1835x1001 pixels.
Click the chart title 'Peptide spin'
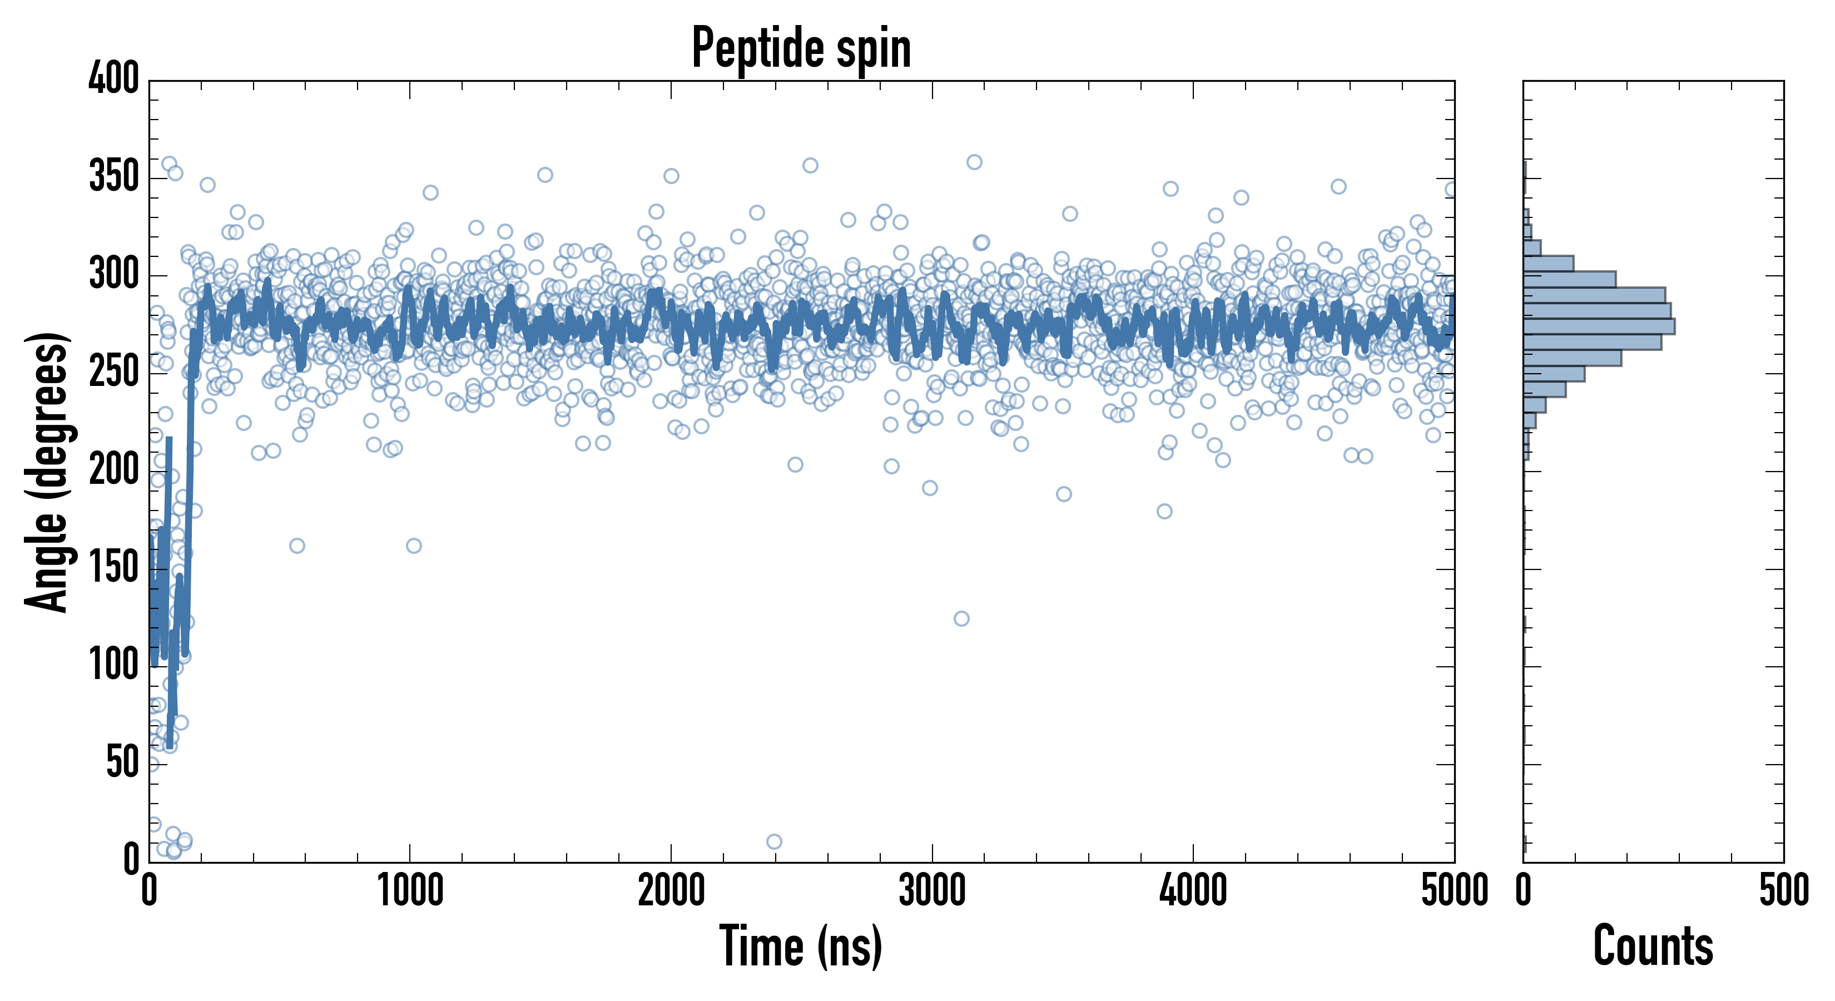801,48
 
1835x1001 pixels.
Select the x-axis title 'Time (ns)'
801,946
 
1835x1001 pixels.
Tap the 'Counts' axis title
1653,946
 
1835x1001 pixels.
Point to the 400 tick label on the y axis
114,78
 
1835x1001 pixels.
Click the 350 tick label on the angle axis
114,177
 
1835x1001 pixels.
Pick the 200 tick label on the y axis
114,470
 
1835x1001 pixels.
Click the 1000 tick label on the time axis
410,890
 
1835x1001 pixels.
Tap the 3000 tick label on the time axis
932,890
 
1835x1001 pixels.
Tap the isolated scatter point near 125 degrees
961,618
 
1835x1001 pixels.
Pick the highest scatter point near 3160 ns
974,162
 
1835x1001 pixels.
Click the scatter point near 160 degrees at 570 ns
297,546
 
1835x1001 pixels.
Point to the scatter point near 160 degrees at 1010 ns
414,546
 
